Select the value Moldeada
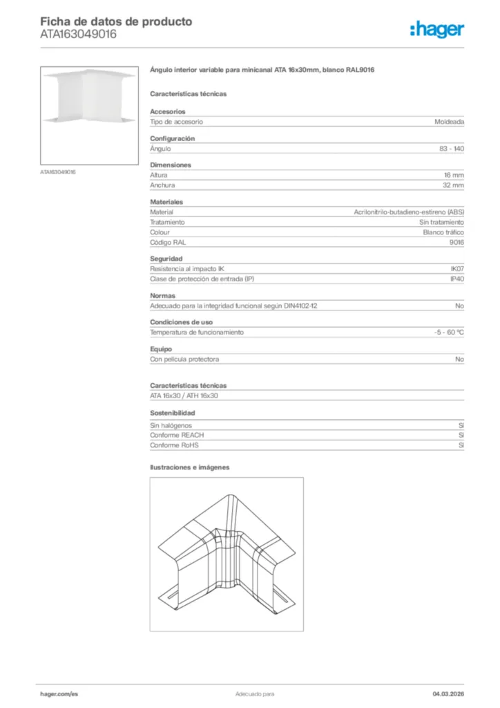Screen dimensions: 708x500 click(x=449, y=122)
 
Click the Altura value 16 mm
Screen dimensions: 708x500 click(x=453, y=176)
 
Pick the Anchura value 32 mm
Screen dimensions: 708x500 click(x=453, y=185)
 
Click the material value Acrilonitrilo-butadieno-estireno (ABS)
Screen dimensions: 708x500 click(x=409, y=212)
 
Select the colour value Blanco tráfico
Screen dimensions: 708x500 click(x=443, y=232)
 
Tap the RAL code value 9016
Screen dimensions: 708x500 click(x=456, y=243)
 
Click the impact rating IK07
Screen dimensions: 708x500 click(x=456, y=268)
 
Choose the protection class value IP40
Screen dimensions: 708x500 click(x=456, y=279)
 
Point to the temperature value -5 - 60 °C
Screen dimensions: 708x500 click(x=444, y=333)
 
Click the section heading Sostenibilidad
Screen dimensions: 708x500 click(x=172, y=413)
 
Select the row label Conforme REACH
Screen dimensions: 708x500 click(x=177, y=436)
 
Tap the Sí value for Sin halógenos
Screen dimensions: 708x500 click(x=461, y=426)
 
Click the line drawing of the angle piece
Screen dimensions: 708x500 click(x=227, y=554)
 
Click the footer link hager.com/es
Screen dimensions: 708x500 click(x=59, y=693)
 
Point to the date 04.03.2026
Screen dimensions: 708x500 click(x=443, y=693)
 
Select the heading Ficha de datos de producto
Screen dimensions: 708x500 click(x=116, y=21)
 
